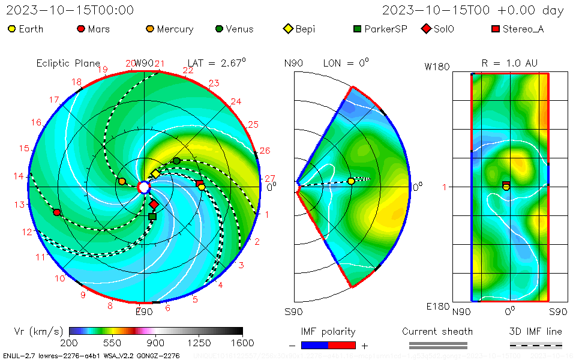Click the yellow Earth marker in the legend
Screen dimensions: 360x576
[11, 29]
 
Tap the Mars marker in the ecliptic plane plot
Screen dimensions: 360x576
[57, 212]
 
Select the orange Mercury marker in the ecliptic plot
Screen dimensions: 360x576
[122, 181]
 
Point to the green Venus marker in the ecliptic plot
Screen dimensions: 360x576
[176, 161]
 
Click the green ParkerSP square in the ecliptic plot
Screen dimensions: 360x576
[152, 217]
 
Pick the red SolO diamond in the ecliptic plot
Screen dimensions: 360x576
[154, 205]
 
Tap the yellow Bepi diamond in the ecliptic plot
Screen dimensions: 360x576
[155, 173]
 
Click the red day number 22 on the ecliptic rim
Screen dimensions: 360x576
[188, 71]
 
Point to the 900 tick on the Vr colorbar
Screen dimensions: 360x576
[156, 343]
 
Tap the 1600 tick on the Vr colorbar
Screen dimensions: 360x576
[242, 343]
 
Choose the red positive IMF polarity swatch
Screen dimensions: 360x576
[342, 345]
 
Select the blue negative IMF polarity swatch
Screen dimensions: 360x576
[314, 345]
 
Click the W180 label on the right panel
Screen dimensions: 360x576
[437, 67]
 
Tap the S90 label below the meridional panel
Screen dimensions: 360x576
[294, 311]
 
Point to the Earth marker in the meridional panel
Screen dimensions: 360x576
[351, 181]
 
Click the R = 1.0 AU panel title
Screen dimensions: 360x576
[509, 63]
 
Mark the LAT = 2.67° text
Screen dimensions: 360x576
[217, 62]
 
